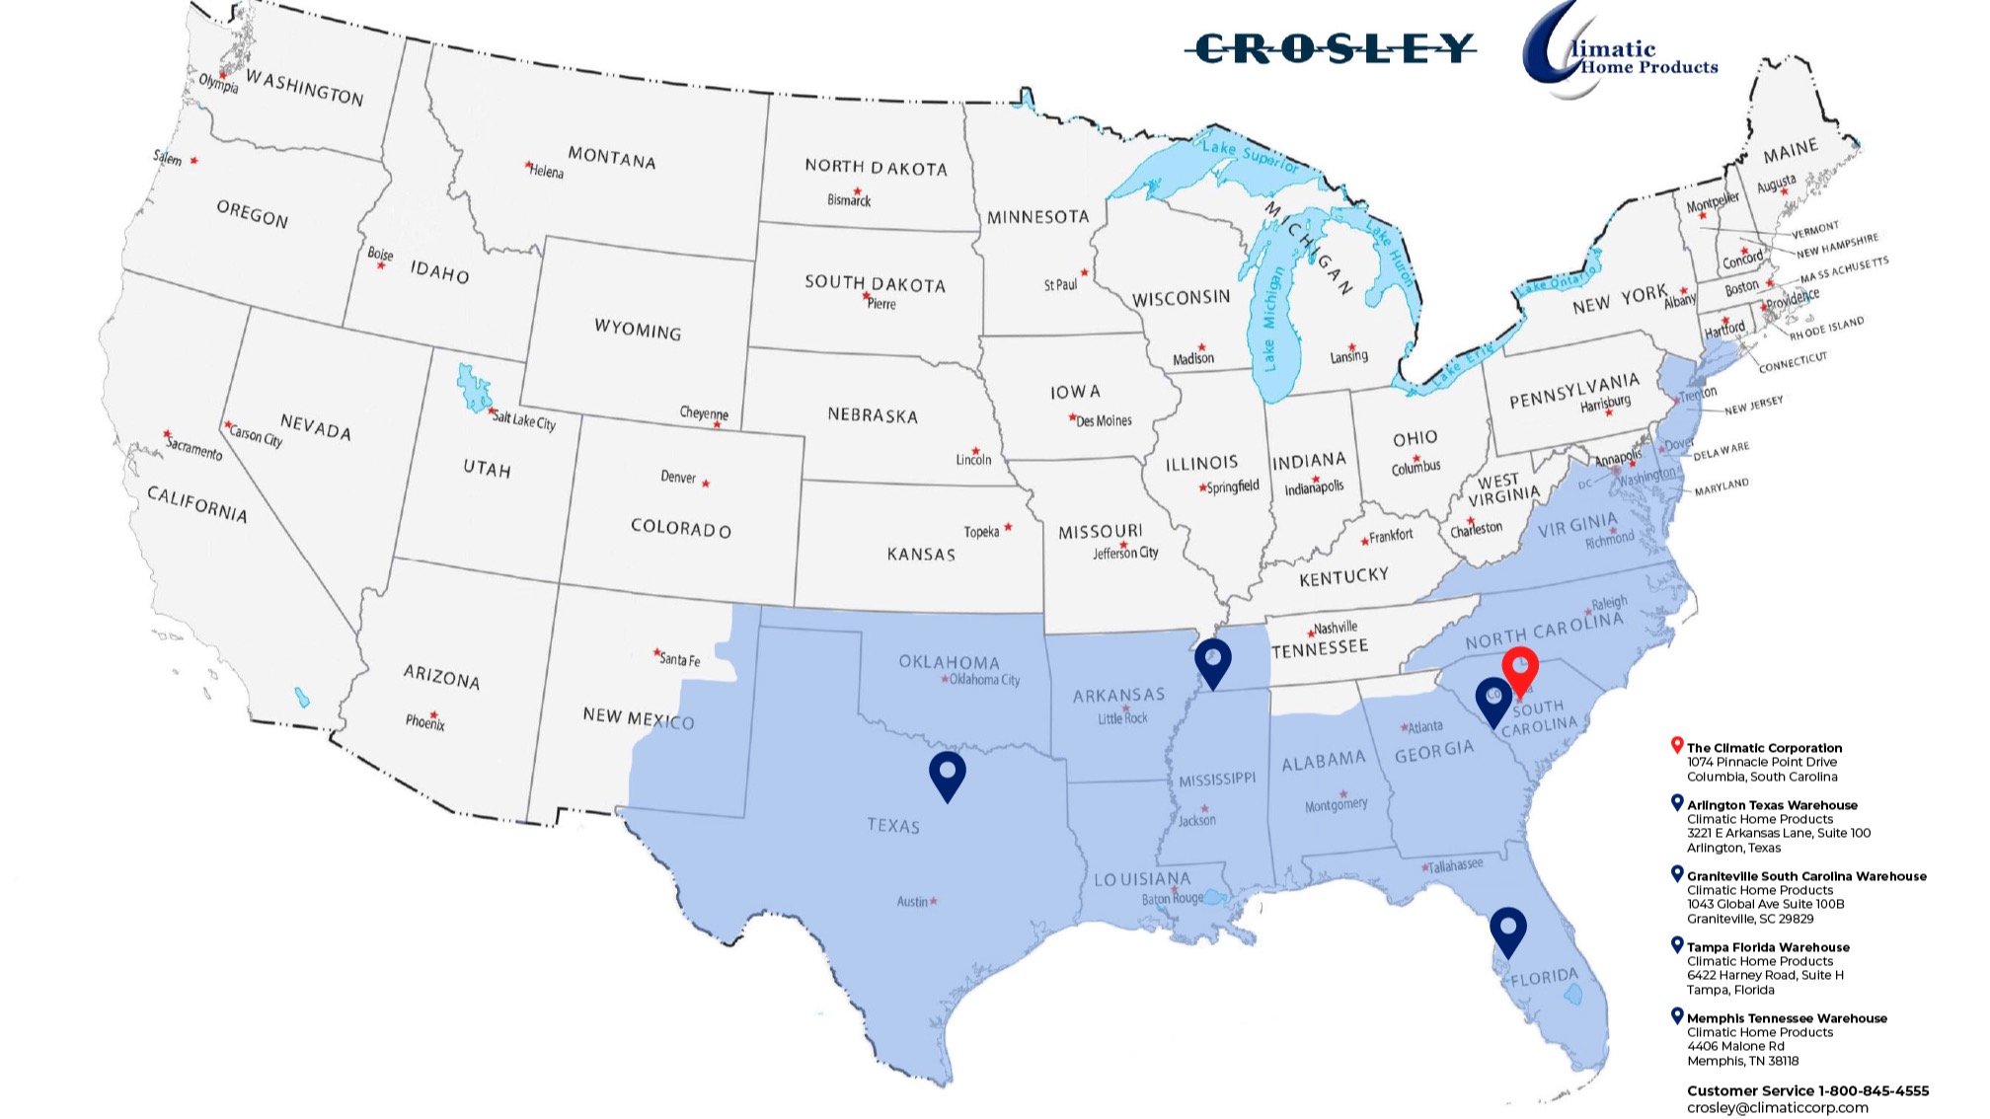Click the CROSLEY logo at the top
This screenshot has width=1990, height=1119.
[x=1332, y=48]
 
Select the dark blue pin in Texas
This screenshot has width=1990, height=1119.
[x=948, y=775]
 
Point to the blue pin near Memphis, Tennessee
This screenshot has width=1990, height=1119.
[x=1213, y=661]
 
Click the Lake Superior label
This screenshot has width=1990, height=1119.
[x=1250, y=154]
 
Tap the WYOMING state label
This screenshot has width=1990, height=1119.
[x=638, y=330]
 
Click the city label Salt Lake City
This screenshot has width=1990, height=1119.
[x=524, y=421]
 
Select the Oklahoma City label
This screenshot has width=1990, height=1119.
[x=984, y=680]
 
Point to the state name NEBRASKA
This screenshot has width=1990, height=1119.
[x=873, y=415]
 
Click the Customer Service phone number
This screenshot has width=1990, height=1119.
[x=1807, y=1090]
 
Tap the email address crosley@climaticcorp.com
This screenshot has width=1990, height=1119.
[x=1777, y=1108]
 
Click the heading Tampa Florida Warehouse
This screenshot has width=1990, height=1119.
[x=1768, y=947]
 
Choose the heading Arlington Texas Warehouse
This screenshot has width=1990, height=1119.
[x=1772, y=805]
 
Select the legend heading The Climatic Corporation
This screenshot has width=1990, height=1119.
[x=1764, y=748]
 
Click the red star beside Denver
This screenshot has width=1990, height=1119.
[x=706, y=484]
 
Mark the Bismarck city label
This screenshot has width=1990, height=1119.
[x=849, y=200]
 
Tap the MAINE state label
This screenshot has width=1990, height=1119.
[x=1791, y=151]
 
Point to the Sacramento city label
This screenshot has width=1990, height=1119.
[x=194, y=450]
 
